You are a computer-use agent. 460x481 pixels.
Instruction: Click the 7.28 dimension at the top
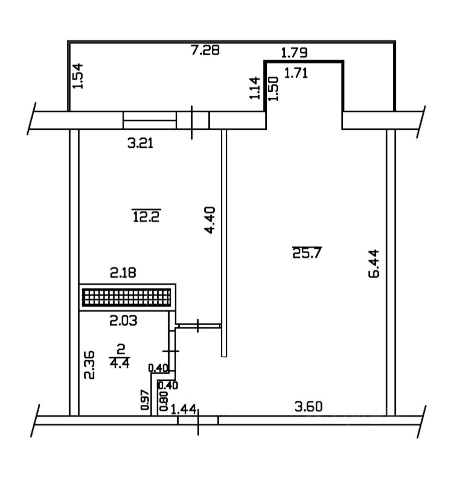click(206, 50)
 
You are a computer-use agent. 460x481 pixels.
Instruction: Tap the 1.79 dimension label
click(294, 52)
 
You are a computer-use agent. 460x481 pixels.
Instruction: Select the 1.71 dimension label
click(296, 74)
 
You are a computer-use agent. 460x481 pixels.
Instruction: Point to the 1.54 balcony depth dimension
click(79, 77)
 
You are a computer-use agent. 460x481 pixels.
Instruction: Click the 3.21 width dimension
click(141, 145)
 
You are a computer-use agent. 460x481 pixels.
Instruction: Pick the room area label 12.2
click(147, 216)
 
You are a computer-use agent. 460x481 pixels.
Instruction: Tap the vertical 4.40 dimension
click(211, 220)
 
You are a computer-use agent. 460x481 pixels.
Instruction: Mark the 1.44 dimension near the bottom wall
click(183, 409)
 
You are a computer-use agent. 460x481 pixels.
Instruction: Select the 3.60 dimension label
click(307, 406)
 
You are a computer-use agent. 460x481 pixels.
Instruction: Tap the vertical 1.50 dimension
click(273, 89)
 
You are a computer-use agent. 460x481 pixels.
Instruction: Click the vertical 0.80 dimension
click(163, 401)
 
